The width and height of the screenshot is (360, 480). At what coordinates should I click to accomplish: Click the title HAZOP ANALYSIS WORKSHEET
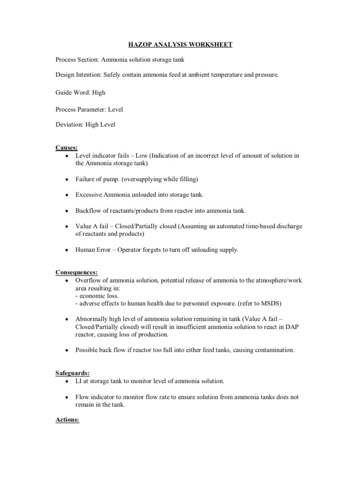click(x=180, y=45)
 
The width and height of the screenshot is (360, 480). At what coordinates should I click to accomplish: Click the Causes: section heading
click(x=67, y=148)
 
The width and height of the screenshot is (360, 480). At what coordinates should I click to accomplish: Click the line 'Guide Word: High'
click(x=80, y=92)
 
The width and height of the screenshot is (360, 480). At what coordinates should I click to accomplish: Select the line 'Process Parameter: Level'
click(x=89, y=109)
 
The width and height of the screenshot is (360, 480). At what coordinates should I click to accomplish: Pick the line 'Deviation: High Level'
click(x=85, y=125)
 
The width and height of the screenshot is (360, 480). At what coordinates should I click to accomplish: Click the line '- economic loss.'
click(x=97, y=296)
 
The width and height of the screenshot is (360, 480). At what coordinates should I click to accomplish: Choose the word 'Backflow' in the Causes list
click(x=89, y=210)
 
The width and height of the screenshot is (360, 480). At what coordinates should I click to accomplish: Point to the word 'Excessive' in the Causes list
click(x=89, y=194)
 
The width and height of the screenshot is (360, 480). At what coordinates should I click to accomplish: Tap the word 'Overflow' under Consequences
click(x=88, y=280)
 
